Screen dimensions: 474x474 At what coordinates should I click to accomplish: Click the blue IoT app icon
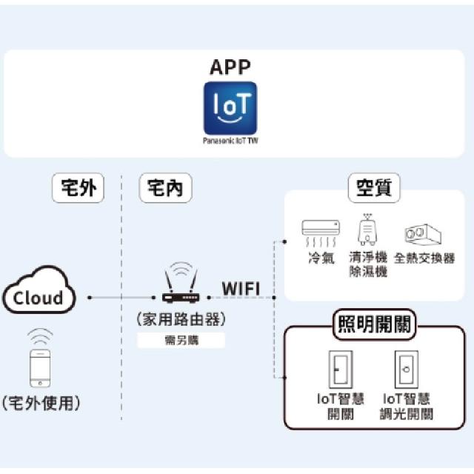pos(230,109)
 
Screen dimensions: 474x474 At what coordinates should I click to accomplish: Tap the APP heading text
pos(230,67)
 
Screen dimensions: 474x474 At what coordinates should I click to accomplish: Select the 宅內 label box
pos(165,188)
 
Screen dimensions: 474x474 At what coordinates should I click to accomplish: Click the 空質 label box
pos(373,188)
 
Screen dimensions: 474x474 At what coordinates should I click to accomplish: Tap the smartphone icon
pos(39,367)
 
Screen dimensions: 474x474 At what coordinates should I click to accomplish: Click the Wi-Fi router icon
pos(181,287)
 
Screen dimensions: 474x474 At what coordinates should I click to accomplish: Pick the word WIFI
pos(241,287)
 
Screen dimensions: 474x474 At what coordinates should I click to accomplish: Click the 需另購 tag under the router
pos(181,341)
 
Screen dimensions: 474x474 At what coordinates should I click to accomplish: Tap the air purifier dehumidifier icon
pos(367,230)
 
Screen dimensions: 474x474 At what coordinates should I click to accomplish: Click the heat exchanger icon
pos(422,235)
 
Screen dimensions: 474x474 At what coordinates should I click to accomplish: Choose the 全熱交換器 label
pos(424,258)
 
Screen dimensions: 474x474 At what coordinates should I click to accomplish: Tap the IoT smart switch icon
pos(339,368)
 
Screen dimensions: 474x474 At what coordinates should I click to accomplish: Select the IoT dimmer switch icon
pos(405,368)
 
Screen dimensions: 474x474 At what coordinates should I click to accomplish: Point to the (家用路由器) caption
pos(181,320)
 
